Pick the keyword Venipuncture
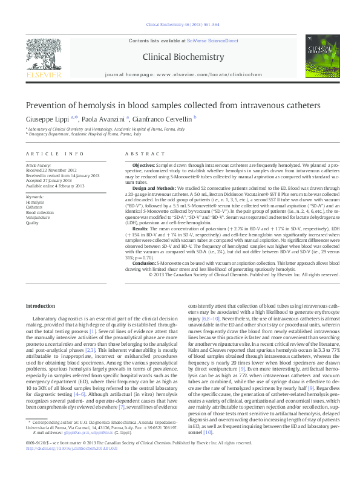click(38, 218)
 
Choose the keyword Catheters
click(34, 207)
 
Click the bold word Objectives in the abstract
click(143, 165)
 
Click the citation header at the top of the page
click(183, 25)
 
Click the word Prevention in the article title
click(47, 105)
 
